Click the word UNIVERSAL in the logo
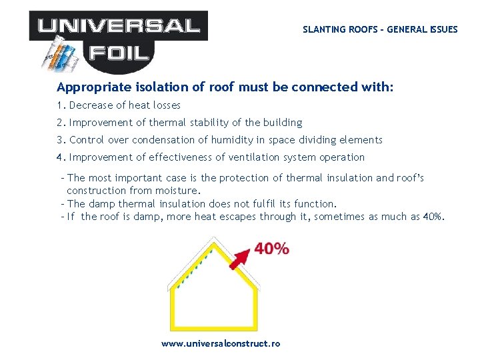(119, 26)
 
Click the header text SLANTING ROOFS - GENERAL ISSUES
(380, 29)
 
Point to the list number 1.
(60, 105)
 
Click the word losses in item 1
(165, 105)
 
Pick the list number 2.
(60, 123)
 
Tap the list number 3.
(60, 140)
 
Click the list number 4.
(60, 157)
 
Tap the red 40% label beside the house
(271, 249)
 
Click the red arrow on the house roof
(241, 257)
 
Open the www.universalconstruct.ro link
(221, 343)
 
